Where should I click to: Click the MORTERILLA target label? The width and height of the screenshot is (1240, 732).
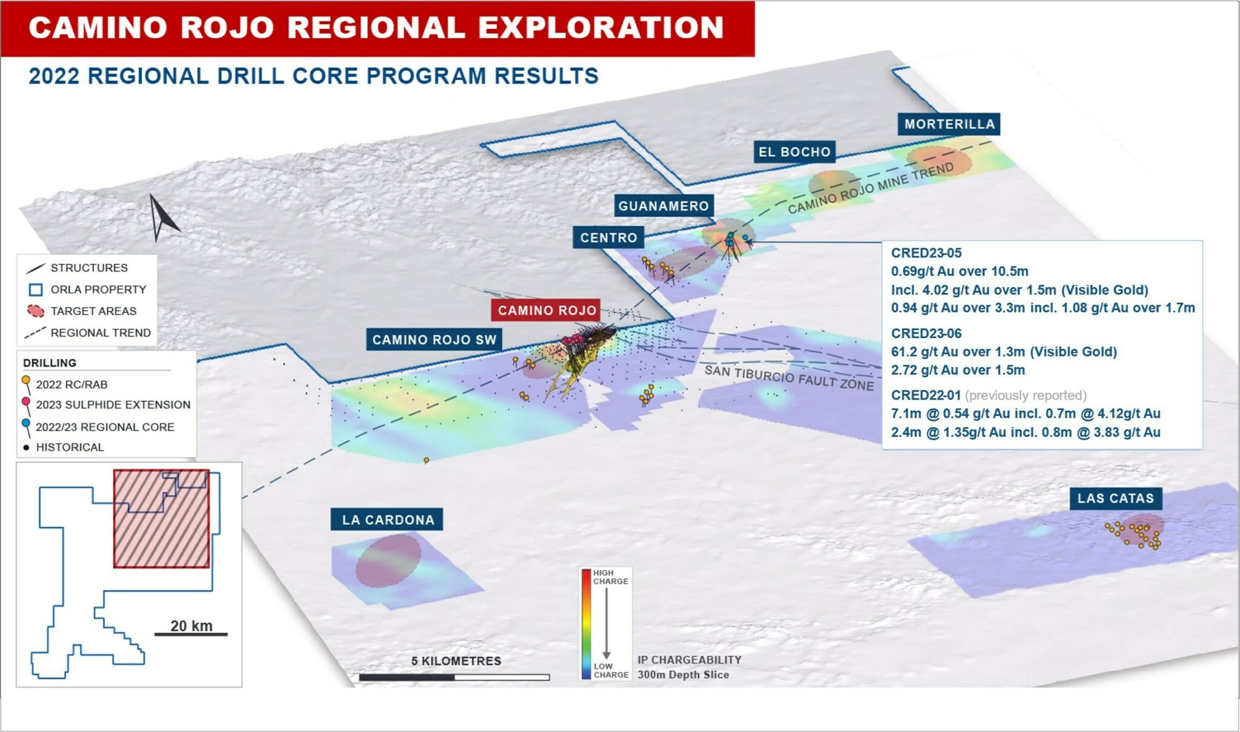coord(949,124)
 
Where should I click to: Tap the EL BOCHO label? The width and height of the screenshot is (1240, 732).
coord(794,152)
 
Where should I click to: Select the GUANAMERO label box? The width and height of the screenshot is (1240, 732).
coord(664,206)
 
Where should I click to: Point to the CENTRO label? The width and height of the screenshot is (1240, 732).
coord(608,237)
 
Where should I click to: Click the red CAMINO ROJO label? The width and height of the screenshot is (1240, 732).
coord(546,310)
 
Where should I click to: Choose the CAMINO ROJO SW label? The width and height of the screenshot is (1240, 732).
coord(434,340)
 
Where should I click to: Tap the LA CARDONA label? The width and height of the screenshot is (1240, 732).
coord(387,519)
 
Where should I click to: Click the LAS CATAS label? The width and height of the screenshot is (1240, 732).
coord(1115,498)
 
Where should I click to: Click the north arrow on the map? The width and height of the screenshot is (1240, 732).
coord(160,217)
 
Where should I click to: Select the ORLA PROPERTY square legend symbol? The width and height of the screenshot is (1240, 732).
coord(36,289)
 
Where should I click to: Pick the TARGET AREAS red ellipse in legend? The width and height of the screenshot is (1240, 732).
coord(36,311)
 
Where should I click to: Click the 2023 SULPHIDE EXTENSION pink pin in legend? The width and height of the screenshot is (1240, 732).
coord(26,403)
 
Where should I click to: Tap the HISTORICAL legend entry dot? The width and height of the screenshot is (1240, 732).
coord(26,447)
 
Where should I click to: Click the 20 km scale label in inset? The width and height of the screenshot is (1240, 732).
coord(191,625)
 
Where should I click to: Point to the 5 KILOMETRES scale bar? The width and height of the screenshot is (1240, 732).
coord(454,678)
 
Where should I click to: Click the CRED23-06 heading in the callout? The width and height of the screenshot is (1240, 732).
coord(926,333)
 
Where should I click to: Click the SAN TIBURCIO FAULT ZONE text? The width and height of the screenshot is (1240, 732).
coord(789,377)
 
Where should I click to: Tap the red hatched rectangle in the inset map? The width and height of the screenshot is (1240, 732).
coord(161,519)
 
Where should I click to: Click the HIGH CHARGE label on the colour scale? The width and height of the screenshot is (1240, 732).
coord(610,577)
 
